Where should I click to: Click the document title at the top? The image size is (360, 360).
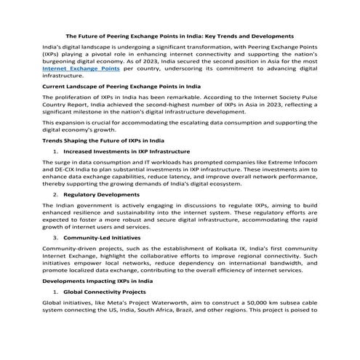[x=180, y=34]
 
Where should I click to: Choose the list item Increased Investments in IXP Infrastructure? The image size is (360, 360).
[x=127, y=151]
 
